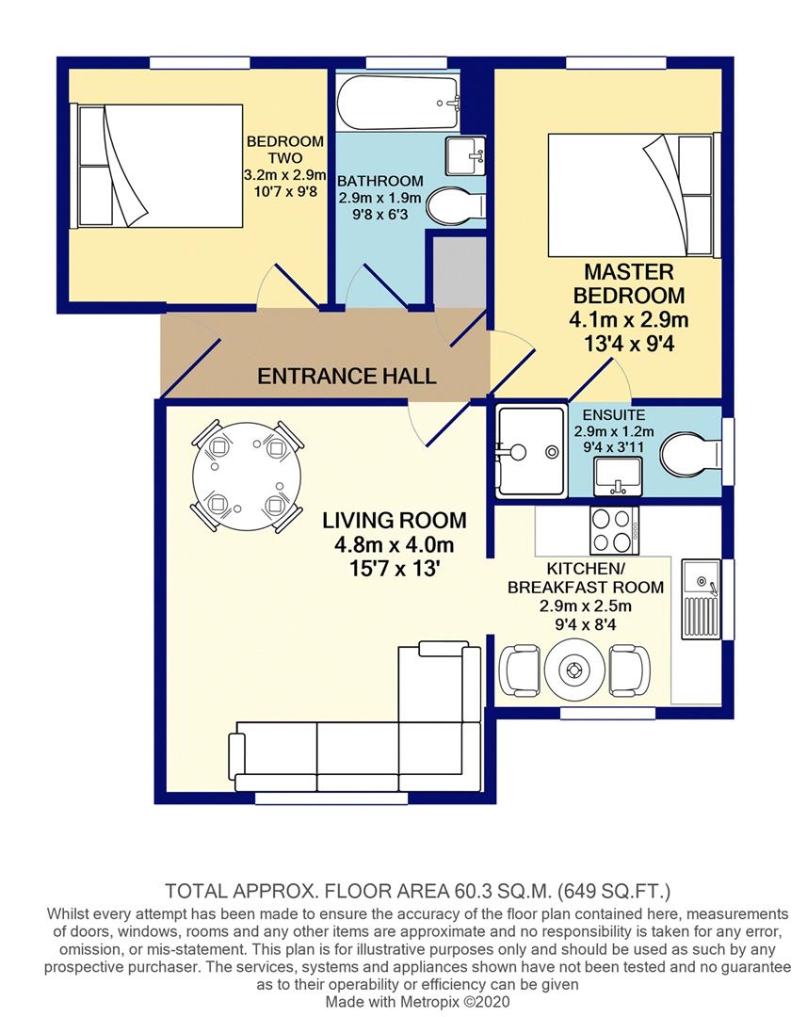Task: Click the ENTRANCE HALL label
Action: [x=347, y=377]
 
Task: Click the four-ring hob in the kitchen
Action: [x=613, y=530]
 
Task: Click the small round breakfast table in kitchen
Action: [x=573, y=670]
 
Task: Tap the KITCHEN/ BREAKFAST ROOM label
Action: [x=586, y=578]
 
